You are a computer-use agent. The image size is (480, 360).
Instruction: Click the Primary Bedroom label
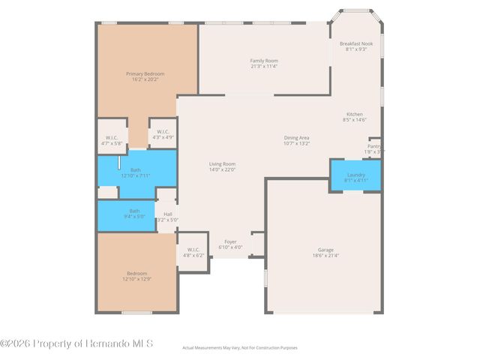(145, 73)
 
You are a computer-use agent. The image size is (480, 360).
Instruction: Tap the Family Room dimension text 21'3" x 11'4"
(264, 66)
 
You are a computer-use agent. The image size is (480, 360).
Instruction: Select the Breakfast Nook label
(355, 43)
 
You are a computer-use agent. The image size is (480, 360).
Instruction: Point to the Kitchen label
(354, 114)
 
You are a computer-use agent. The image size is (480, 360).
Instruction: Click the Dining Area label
(297, 137)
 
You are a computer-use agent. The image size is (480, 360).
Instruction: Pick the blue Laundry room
(355, 175)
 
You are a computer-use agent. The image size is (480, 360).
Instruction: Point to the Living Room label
(222, 163)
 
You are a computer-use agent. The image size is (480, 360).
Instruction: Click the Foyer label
(230, 241)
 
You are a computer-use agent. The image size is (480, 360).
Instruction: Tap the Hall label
(167, 214)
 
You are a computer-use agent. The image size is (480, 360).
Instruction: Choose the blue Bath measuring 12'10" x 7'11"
(136, 172)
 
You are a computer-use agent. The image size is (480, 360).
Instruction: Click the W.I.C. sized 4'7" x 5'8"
(111, 139)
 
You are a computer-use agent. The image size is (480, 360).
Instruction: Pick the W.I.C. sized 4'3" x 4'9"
(163, 135)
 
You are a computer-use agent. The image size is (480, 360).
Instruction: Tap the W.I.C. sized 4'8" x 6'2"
(193, 252)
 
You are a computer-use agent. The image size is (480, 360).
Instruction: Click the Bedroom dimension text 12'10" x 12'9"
(136, 279)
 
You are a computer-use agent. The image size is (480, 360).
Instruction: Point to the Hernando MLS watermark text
(76, 343)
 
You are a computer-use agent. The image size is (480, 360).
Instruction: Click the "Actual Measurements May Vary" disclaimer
(240, 348)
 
